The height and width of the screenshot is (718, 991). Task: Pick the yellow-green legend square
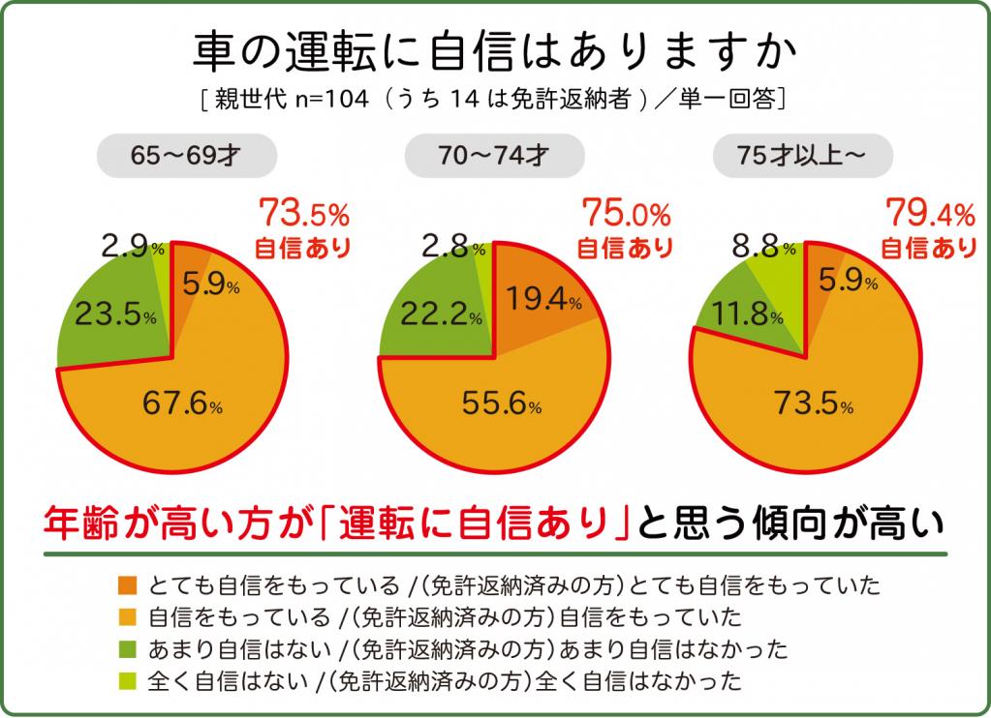click(128, 675)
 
